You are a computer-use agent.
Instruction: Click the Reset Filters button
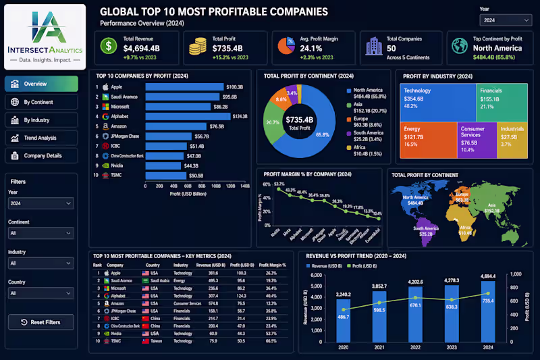click(41, 322)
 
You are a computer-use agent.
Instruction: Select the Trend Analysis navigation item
click(41, 138)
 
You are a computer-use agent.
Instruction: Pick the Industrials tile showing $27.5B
click(513, 140)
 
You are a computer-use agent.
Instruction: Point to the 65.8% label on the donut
click(323, 135)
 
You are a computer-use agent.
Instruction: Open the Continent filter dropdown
click(41, 233)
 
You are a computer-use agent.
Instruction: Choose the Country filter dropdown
click(41, 293)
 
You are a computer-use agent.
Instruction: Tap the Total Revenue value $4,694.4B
click(141, 48)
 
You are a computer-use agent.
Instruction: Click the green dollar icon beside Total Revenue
click(108, 46)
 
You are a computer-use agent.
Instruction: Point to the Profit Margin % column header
click(273, 265)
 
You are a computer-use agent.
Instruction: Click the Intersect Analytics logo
click(45, 36)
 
